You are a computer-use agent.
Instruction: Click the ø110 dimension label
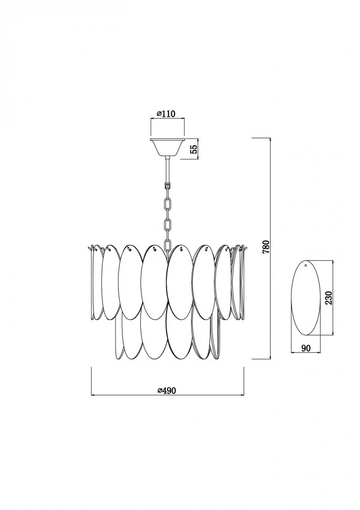(x=166, y=114)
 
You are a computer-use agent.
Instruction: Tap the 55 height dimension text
(x=193, y=149)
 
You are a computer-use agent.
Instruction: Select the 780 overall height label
(x=266, y=247)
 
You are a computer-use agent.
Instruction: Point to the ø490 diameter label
(x=166, y=390)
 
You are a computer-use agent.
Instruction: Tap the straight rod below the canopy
(x=168, y=170)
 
